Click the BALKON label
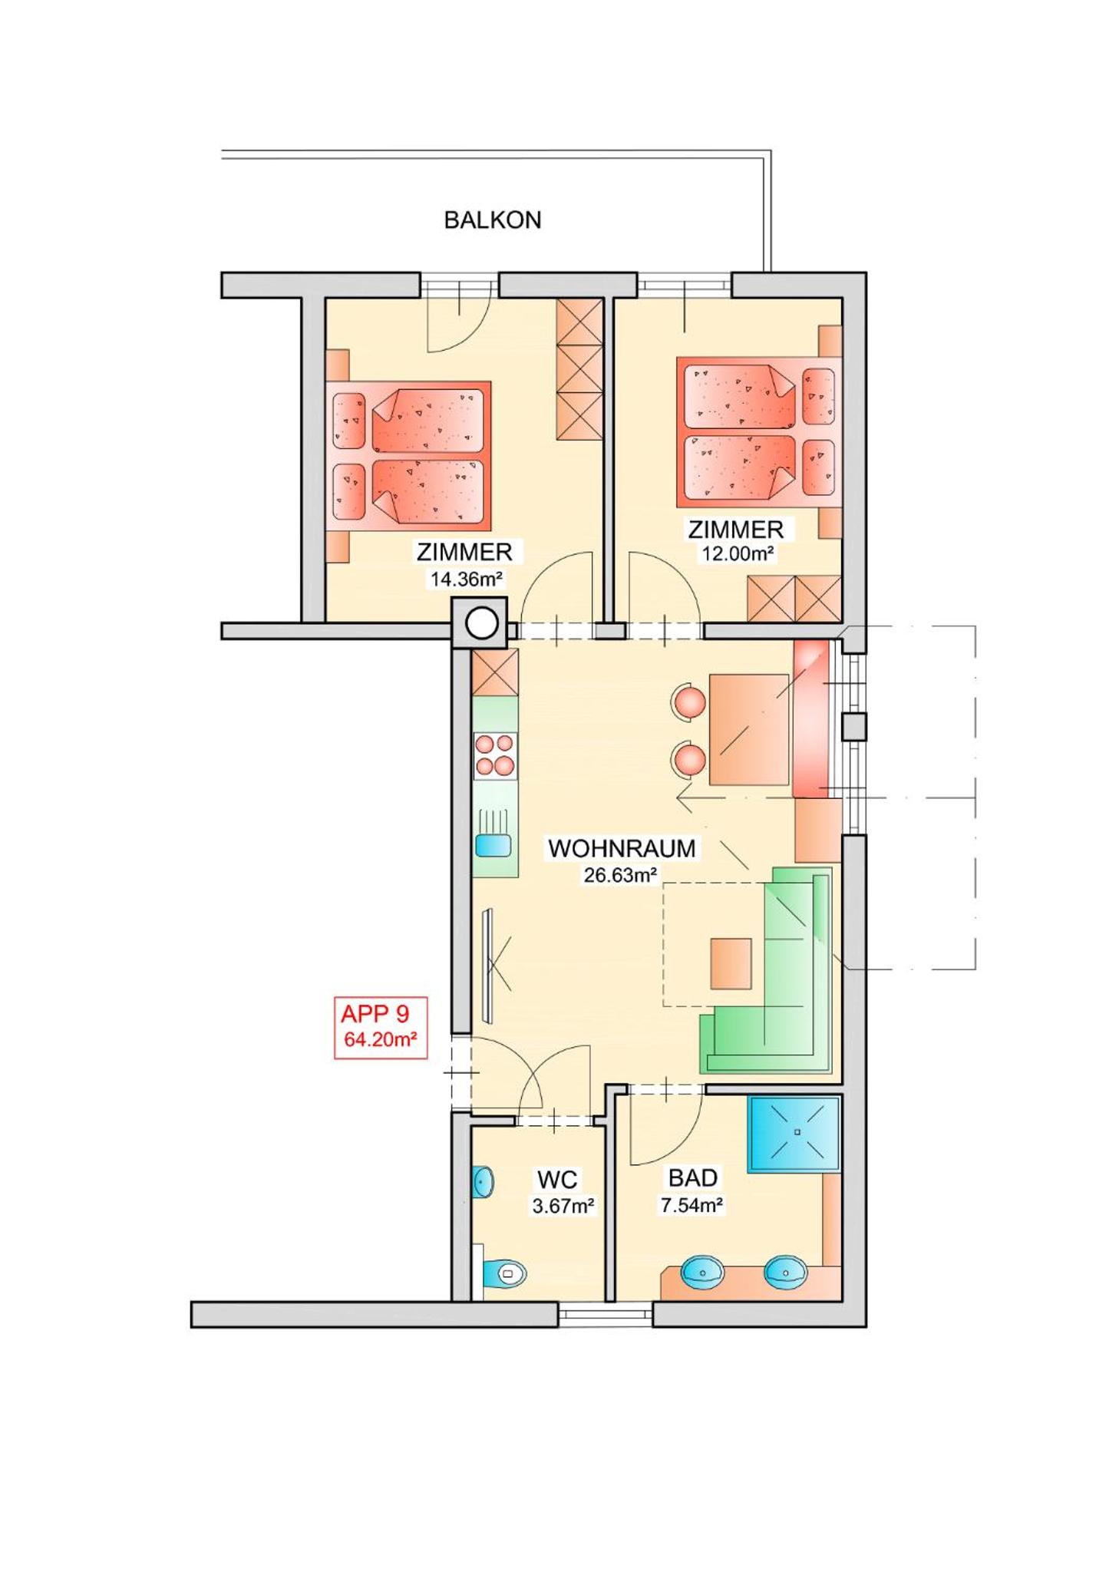[492, 220]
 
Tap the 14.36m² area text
[466, 579]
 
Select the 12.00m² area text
[737, 553]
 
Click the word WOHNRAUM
[622, 848]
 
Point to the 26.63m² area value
[620, 875]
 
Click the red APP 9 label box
[381, 1028]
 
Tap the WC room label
[558, 1179]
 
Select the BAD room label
[692, 1177]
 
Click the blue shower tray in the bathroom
[794, 1134]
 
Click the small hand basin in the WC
[482, 1183]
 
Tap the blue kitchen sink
[493, 845]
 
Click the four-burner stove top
[495, 755]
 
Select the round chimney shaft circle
[482, 623]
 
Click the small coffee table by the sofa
[731, 963]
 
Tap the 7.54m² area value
[692, 1205]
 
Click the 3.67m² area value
[563, 1206]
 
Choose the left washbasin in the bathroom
[702, 1272]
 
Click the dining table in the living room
[749, 729]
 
